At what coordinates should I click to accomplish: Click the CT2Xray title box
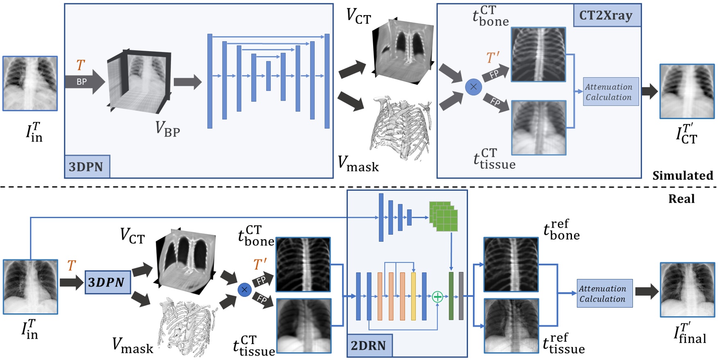point(607,16)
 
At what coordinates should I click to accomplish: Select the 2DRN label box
point(369,345)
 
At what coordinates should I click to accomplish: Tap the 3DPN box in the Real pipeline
point(108,282)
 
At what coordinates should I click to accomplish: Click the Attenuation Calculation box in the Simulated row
point(610,92)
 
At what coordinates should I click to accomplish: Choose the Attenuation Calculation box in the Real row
point(604,293)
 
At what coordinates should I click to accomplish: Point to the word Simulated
point(682,175)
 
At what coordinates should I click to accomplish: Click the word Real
point(681,199)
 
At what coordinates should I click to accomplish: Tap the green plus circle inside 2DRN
point(437,297)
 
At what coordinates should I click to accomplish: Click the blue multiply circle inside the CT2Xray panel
point(473,87)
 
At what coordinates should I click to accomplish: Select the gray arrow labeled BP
point(84,82)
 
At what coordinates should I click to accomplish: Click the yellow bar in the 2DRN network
point(413,296)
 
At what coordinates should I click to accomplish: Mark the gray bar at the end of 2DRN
point(461,296)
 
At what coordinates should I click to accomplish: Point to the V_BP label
point(167,129)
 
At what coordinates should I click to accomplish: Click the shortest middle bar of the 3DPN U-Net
point(268,76)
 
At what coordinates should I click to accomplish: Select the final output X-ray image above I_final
point(687,290)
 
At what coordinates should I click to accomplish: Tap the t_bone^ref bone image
point(511,264)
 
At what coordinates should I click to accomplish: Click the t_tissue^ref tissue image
point(511,326)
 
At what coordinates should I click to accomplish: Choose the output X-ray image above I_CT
point(687,91)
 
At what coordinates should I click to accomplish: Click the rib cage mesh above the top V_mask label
point(401,128)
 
